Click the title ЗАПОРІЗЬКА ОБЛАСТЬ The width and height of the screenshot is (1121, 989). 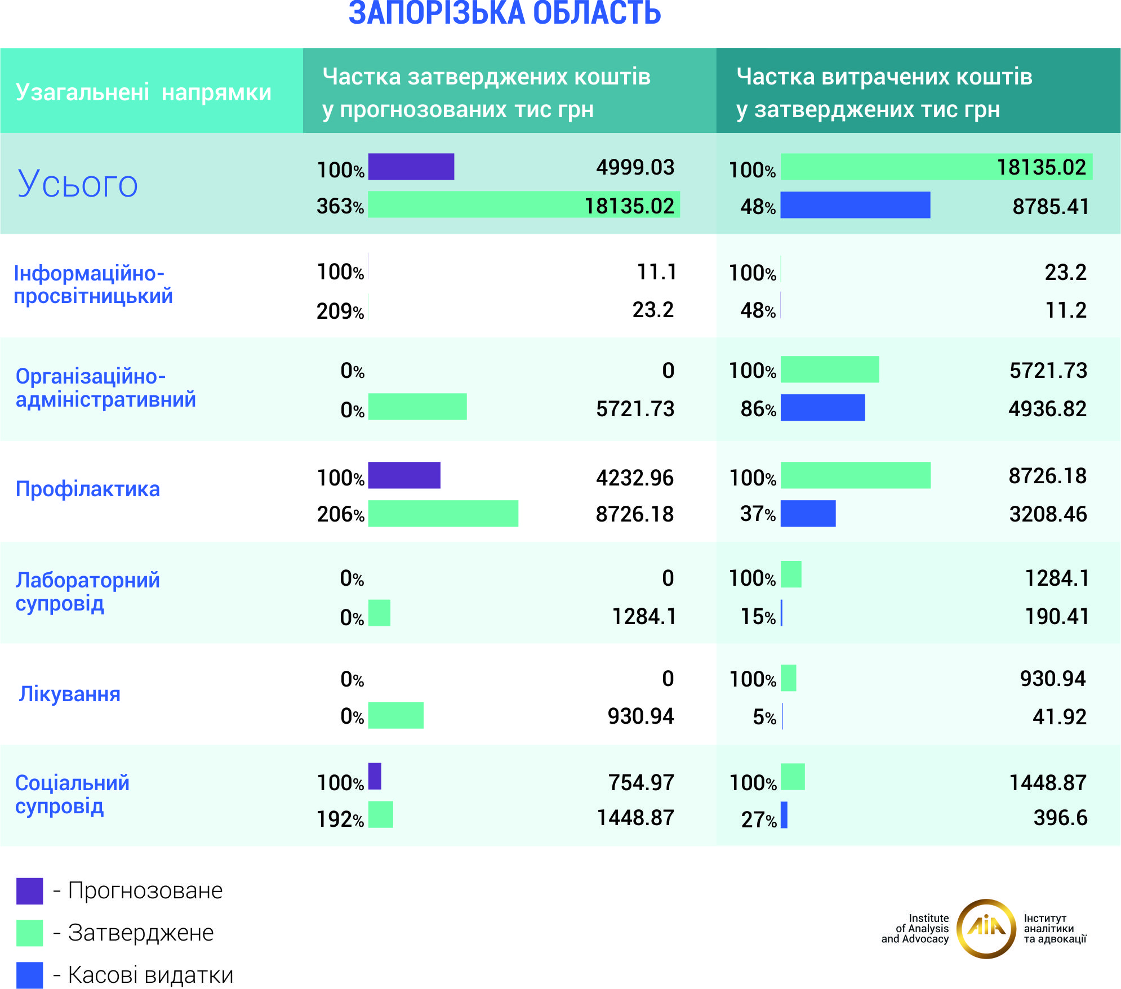[505, 14]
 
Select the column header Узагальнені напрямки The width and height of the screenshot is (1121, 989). [144, 92]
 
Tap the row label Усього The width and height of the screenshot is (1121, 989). [78, 184]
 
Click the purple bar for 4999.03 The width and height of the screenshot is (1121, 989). [411, 167]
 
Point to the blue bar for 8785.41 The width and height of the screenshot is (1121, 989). [855, 205]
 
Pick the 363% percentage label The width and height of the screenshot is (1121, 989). [340, 206]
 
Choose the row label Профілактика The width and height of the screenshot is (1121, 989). [88, 489]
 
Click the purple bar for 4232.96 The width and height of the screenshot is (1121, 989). [404, 475]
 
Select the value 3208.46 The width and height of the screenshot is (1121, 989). [1048, 514]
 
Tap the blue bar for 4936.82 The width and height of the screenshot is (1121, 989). [822, 408]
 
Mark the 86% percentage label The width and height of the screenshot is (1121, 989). [758, 409]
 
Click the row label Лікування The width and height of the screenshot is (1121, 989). [70, 694]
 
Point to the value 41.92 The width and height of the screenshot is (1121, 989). [1059, 717]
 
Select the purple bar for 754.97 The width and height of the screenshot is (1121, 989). [375, 776]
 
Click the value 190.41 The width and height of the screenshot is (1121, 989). [1056, 617]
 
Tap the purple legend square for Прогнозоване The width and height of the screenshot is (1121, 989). [29, 891]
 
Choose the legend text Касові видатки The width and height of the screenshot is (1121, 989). [150, 975]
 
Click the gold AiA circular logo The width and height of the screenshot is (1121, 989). [986, 929]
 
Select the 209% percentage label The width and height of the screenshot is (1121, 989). [340, 311]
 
